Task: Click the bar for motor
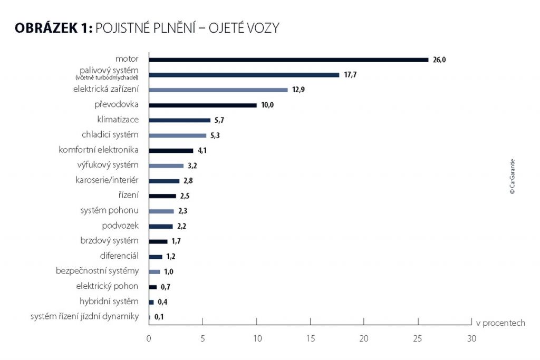coord(288,60)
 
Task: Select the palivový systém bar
coord(244,75)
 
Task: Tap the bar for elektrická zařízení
coord(218,90)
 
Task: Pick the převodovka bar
coord(203,105)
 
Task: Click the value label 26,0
coord(440,60)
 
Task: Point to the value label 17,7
coord(350,75)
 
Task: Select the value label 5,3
coord(215,136)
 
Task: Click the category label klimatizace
coord(118,119)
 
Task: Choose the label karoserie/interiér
coord(107,180)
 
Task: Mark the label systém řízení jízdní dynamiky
coord(84,316)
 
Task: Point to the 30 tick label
coord(471,338)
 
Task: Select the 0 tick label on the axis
coord(149,338)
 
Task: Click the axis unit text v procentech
coord(500,323)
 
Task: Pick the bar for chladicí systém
coord(178,135)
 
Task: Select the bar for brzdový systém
coord(158,241)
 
